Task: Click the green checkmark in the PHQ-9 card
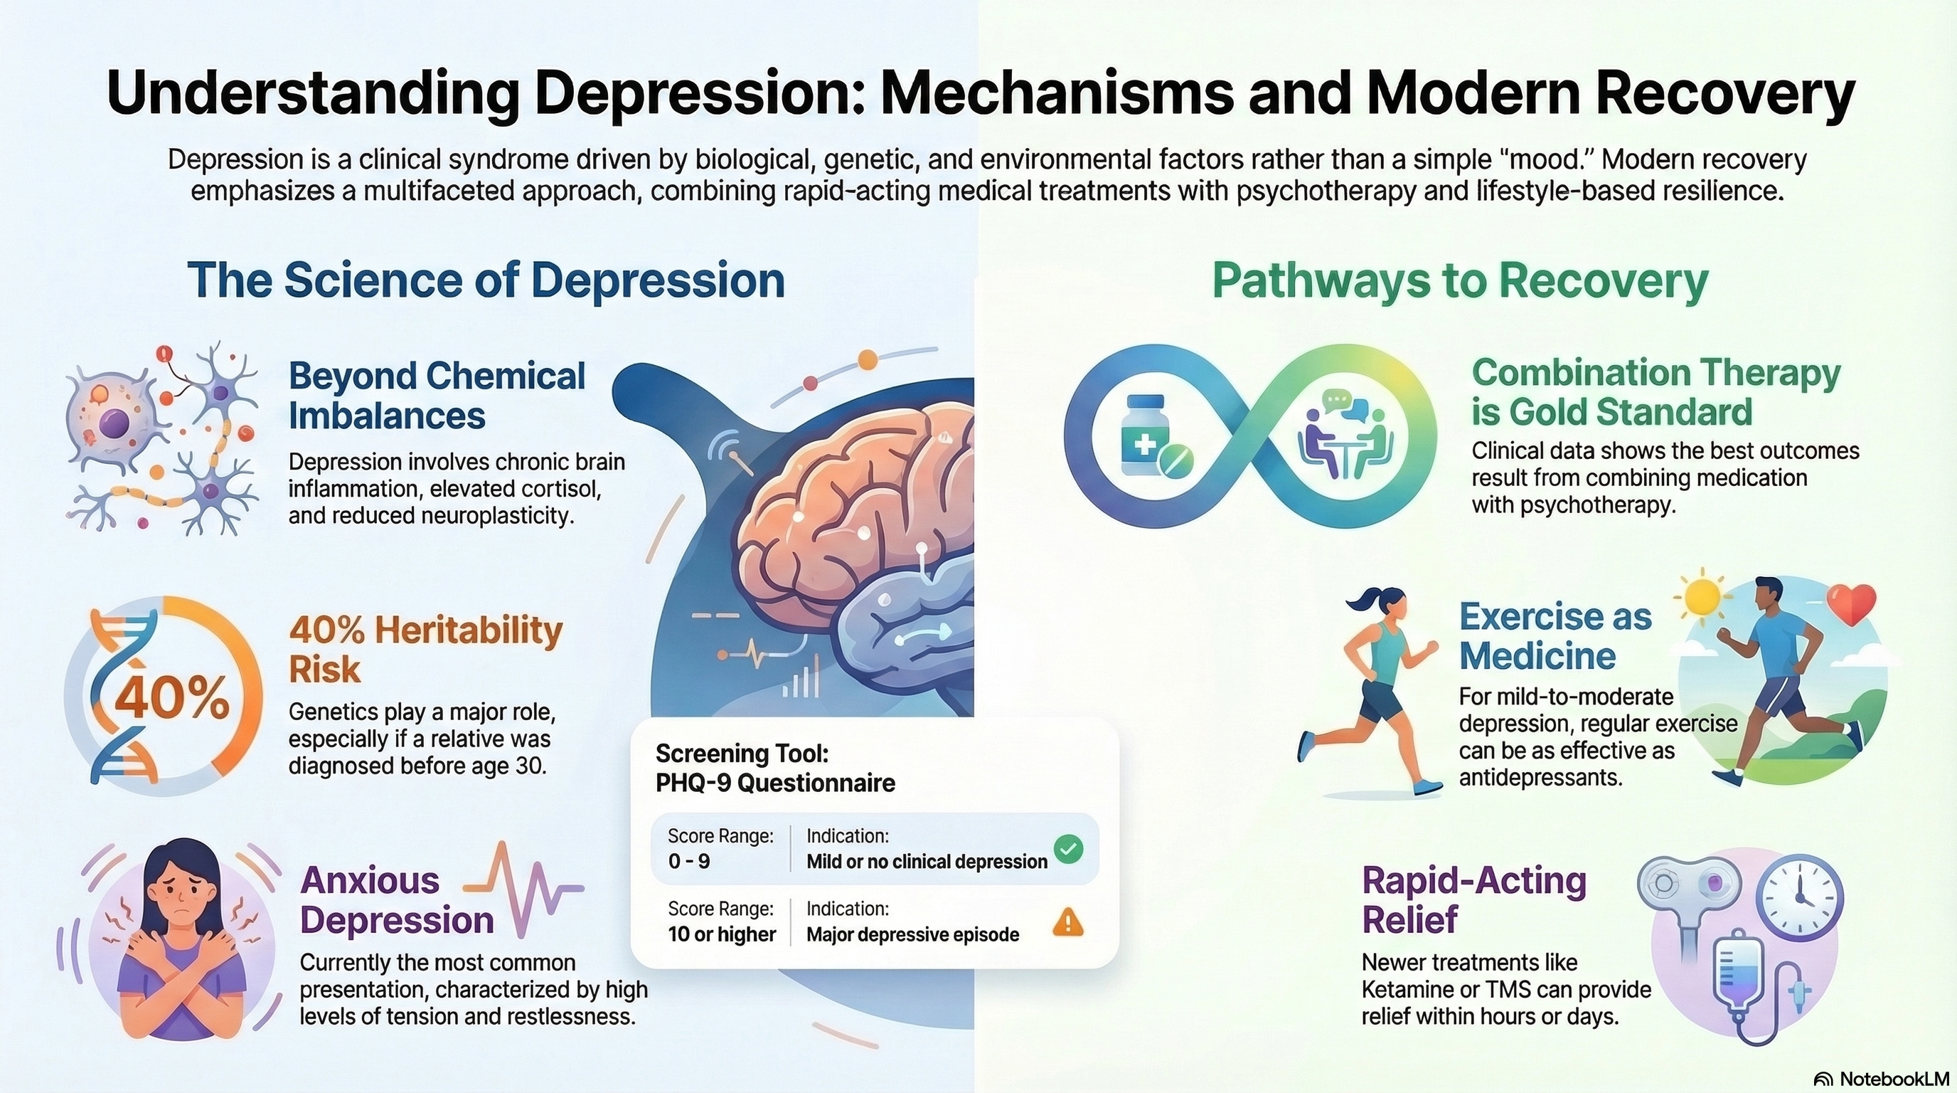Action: coord(1069,848)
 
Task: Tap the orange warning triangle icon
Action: coord(1068,923)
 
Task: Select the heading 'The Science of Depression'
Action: coord(486,280)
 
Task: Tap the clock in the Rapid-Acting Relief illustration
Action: coord(1802,897)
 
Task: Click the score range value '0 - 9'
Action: coord(689,861)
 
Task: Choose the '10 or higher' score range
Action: coord(722,934)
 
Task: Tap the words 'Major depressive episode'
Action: coord(912,934)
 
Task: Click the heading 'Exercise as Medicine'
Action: coord(1555,636)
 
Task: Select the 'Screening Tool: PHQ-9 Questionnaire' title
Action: coord(775,768)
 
